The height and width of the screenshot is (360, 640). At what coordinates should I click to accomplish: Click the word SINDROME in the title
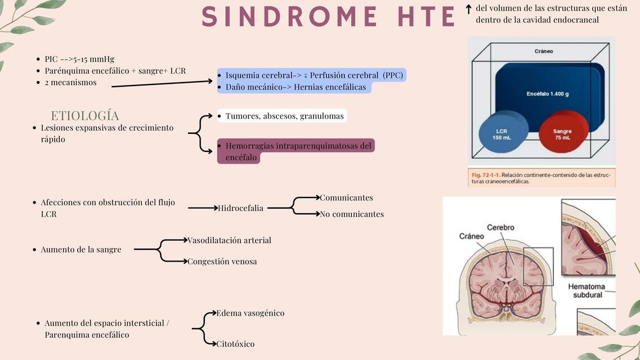click(x=290, y=16)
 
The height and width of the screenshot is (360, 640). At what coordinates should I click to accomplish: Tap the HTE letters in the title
click(x=426, y=16)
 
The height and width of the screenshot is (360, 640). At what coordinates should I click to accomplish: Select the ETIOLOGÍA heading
click(x=85, y=116)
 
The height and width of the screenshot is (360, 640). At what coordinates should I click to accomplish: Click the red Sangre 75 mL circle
click(x=562, y=134)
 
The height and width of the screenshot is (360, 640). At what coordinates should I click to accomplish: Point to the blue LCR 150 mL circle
click(x=502, y=134)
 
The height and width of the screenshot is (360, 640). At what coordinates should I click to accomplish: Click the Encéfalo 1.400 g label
click(x=547, y=93)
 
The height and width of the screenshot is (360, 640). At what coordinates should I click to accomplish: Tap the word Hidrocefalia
click(x=241, y=208)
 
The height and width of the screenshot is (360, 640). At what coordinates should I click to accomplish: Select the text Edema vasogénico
click(x=250, y=313)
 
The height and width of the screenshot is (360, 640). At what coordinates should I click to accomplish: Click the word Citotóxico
click(x=235, y=344)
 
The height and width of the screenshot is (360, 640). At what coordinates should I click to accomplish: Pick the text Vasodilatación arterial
click(x=229, y=240)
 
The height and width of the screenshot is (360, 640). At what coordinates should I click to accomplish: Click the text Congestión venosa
click(x=222, y=262)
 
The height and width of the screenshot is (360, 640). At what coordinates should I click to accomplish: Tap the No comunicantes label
click(x=352, y=214)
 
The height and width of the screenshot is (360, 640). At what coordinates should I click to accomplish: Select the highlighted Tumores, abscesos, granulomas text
click(x=284, y=116)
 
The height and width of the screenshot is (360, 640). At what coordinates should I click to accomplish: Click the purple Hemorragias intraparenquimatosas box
click(x=296, y=151)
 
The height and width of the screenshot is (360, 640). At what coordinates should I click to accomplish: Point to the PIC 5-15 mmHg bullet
click(x=79, y=59)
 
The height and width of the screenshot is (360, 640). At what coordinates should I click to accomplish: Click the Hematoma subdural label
click(x=587, y=291)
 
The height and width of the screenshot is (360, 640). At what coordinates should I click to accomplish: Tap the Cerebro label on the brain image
click(x=500, y=228)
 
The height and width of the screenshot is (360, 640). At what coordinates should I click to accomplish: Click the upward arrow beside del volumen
click(x=468, y=10)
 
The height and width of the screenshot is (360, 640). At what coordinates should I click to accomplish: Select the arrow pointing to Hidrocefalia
click(x=203, y=208)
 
